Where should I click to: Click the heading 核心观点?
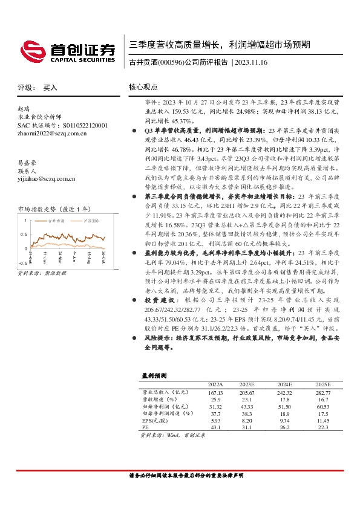click(143, 87)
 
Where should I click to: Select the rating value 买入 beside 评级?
click(50, 88)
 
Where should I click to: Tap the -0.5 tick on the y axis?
click(23, 264)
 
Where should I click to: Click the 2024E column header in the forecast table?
click(284, 384)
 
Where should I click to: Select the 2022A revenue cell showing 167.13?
click(215, 392)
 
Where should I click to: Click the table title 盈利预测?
click(153, 375)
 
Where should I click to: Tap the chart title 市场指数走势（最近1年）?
click(53, 209)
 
